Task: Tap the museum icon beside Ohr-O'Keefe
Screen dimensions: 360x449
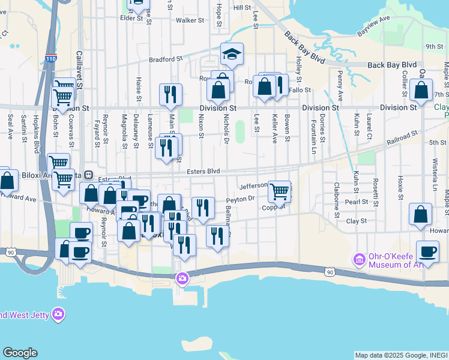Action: (360, 260)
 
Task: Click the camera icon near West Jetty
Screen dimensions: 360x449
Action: (58, 314)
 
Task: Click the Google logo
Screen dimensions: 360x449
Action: (20, 353)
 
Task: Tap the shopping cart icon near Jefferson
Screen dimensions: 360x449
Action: (279, 191)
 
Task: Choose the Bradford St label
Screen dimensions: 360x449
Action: (166, 59)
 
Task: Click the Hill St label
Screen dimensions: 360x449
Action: (242, 8)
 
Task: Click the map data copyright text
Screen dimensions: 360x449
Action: (401, 355)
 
